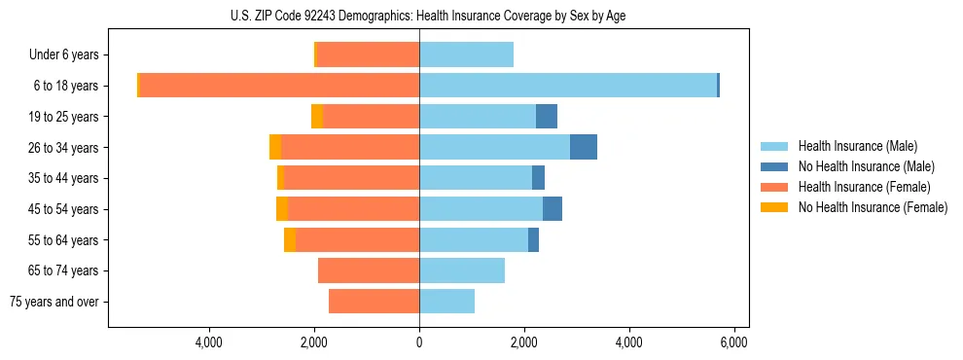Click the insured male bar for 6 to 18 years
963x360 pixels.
(568, 86)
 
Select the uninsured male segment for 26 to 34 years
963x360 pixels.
(583, 148)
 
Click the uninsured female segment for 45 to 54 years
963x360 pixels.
(282, 209)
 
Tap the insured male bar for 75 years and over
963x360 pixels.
(446, 302)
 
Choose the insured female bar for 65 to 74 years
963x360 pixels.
(369, 270)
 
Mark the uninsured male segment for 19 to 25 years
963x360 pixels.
(547, 117)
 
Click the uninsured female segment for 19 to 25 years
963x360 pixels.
(317, 117)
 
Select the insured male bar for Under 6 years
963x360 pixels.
(466, 55)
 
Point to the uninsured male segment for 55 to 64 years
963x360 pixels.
(533, 240)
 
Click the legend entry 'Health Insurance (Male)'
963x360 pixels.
(856, 146)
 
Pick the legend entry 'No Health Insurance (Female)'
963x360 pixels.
(873, 207)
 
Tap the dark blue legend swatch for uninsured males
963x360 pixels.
(774, 166)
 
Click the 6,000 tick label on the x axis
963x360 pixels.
(733, 342)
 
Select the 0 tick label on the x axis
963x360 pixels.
(419, 342)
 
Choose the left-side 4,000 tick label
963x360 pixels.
(209, 342)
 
